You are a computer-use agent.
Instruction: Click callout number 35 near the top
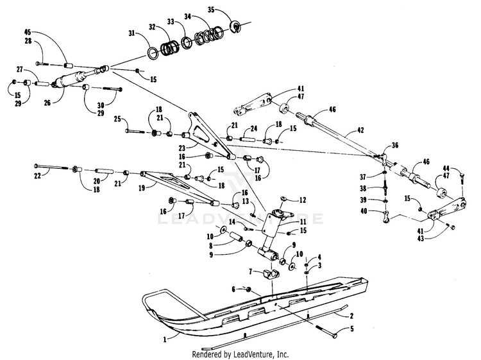[211, 10]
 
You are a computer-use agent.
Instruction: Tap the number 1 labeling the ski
[165, 339]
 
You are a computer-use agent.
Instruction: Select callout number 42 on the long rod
[360, 130]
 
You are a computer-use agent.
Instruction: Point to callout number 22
[37, 176]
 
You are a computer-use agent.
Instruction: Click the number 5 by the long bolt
[352, 329]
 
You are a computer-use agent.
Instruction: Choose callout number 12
[303, 200]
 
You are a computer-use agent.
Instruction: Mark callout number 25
[118, 119]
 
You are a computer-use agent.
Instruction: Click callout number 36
[395, 145]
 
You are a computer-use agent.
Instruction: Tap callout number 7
[251, 271]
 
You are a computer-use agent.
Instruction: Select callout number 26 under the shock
[47, 103]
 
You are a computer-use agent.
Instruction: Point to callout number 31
[131, 33]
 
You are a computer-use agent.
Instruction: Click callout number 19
[142, 187]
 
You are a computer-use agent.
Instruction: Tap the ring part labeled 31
[153, 53]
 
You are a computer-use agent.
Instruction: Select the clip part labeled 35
[235, 27]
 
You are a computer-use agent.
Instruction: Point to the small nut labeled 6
[248, 289]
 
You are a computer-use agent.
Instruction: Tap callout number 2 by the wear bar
[351, 316]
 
